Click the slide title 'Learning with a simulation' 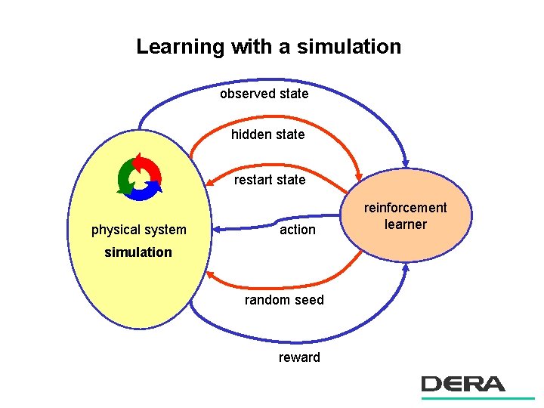[268, 47]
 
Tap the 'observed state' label [264, 94]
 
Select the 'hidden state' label [268, 134]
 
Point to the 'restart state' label [270, 180]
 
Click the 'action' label [298, 230]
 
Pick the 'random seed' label [284, 300]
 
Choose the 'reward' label [299, 357]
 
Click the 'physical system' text [138, 230]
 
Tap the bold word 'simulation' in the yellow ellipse [138, 252]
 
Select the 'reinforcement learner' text [406, 216]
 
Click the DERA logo [462, 385]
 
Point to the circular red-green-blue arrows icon [140, 177]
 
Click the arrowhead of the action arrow [215, 228]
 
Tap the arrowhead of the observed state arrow [406, 162]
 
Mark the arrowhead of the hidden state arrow [358, 174]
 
